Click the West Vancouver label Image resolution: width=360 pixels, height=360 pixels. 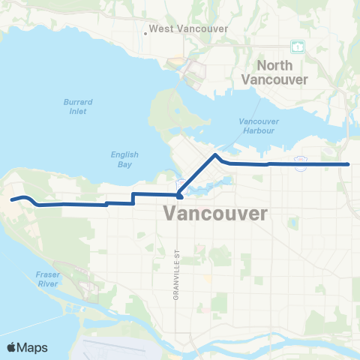179,29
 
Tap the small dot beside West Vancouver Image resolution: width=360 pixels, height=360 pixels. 145,32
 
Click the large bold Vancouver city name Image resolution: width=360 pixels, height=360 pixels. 215,214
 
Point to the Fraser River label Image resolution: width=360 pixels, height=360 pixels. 47,280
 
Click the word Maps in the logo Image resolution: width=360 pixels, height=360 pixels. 34,346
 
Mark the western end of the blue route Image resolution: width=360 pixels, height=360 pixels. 11,199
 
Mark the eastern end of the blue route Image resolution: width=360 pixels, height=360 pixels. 349,163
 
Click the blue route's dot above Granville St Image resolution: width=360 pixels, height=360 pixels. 179,196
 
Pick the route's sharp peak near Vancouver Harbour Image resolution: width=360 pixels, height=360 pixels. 216,155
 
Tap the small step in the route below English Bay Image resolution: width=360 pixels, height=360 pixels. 133,198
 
